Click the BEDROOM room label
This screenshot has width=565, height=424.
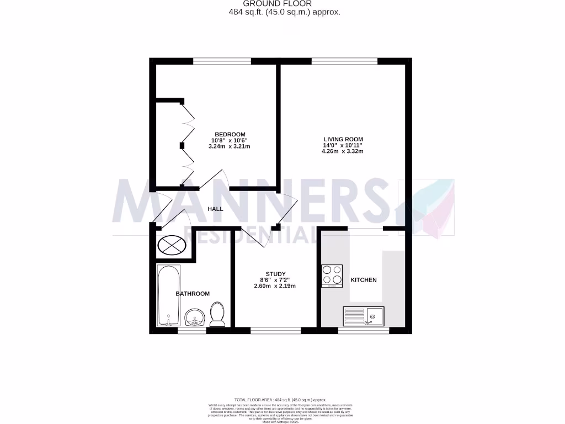(230, 135)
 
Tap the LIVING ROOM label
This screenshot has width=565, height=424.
(343, 139)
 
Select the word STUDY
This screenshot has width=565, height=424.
(275, 274)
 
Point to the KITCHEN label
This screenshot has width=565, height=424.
(364, 280)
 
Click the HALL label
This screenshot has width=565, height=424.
(215, 209)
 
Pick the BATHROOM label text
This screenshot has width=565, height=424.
(193, 294)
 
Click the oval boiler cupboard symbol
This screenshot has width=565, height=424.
(172, 244)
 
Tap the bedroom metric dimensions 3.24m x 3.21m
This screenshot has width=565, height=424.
(230, 146)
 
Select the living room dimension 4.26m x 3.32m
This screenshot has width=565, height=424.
(343, 151)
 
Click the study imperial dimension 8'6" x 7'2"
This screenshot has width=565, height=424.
(275, 280)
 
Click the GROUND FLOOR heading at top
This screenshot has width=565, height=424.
(285, 4)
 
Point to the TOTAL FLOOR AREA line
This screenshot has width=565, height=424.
(281, 399)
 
